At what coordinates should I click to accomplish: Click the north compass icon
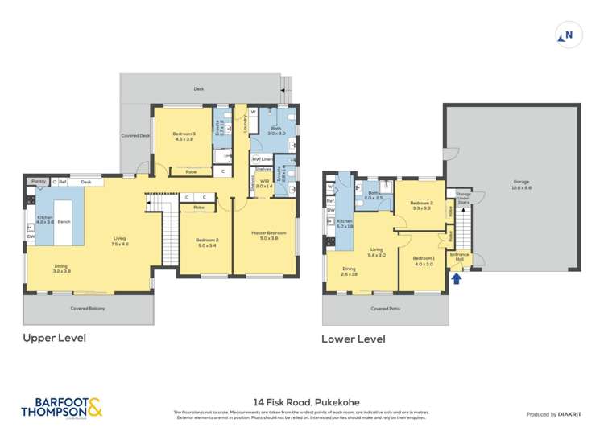(567, 35)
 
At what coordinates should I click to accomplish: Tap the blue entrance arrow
(457, 279)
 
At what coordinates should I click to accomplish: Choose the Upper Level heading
(54, 338)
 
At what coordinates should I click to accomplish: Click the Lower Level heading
(353, 339)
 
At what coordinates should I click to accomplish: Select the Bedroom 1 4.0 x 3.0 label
(424, 261)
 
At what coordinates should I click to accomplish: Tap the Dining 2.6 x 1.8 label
(349, 272)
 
